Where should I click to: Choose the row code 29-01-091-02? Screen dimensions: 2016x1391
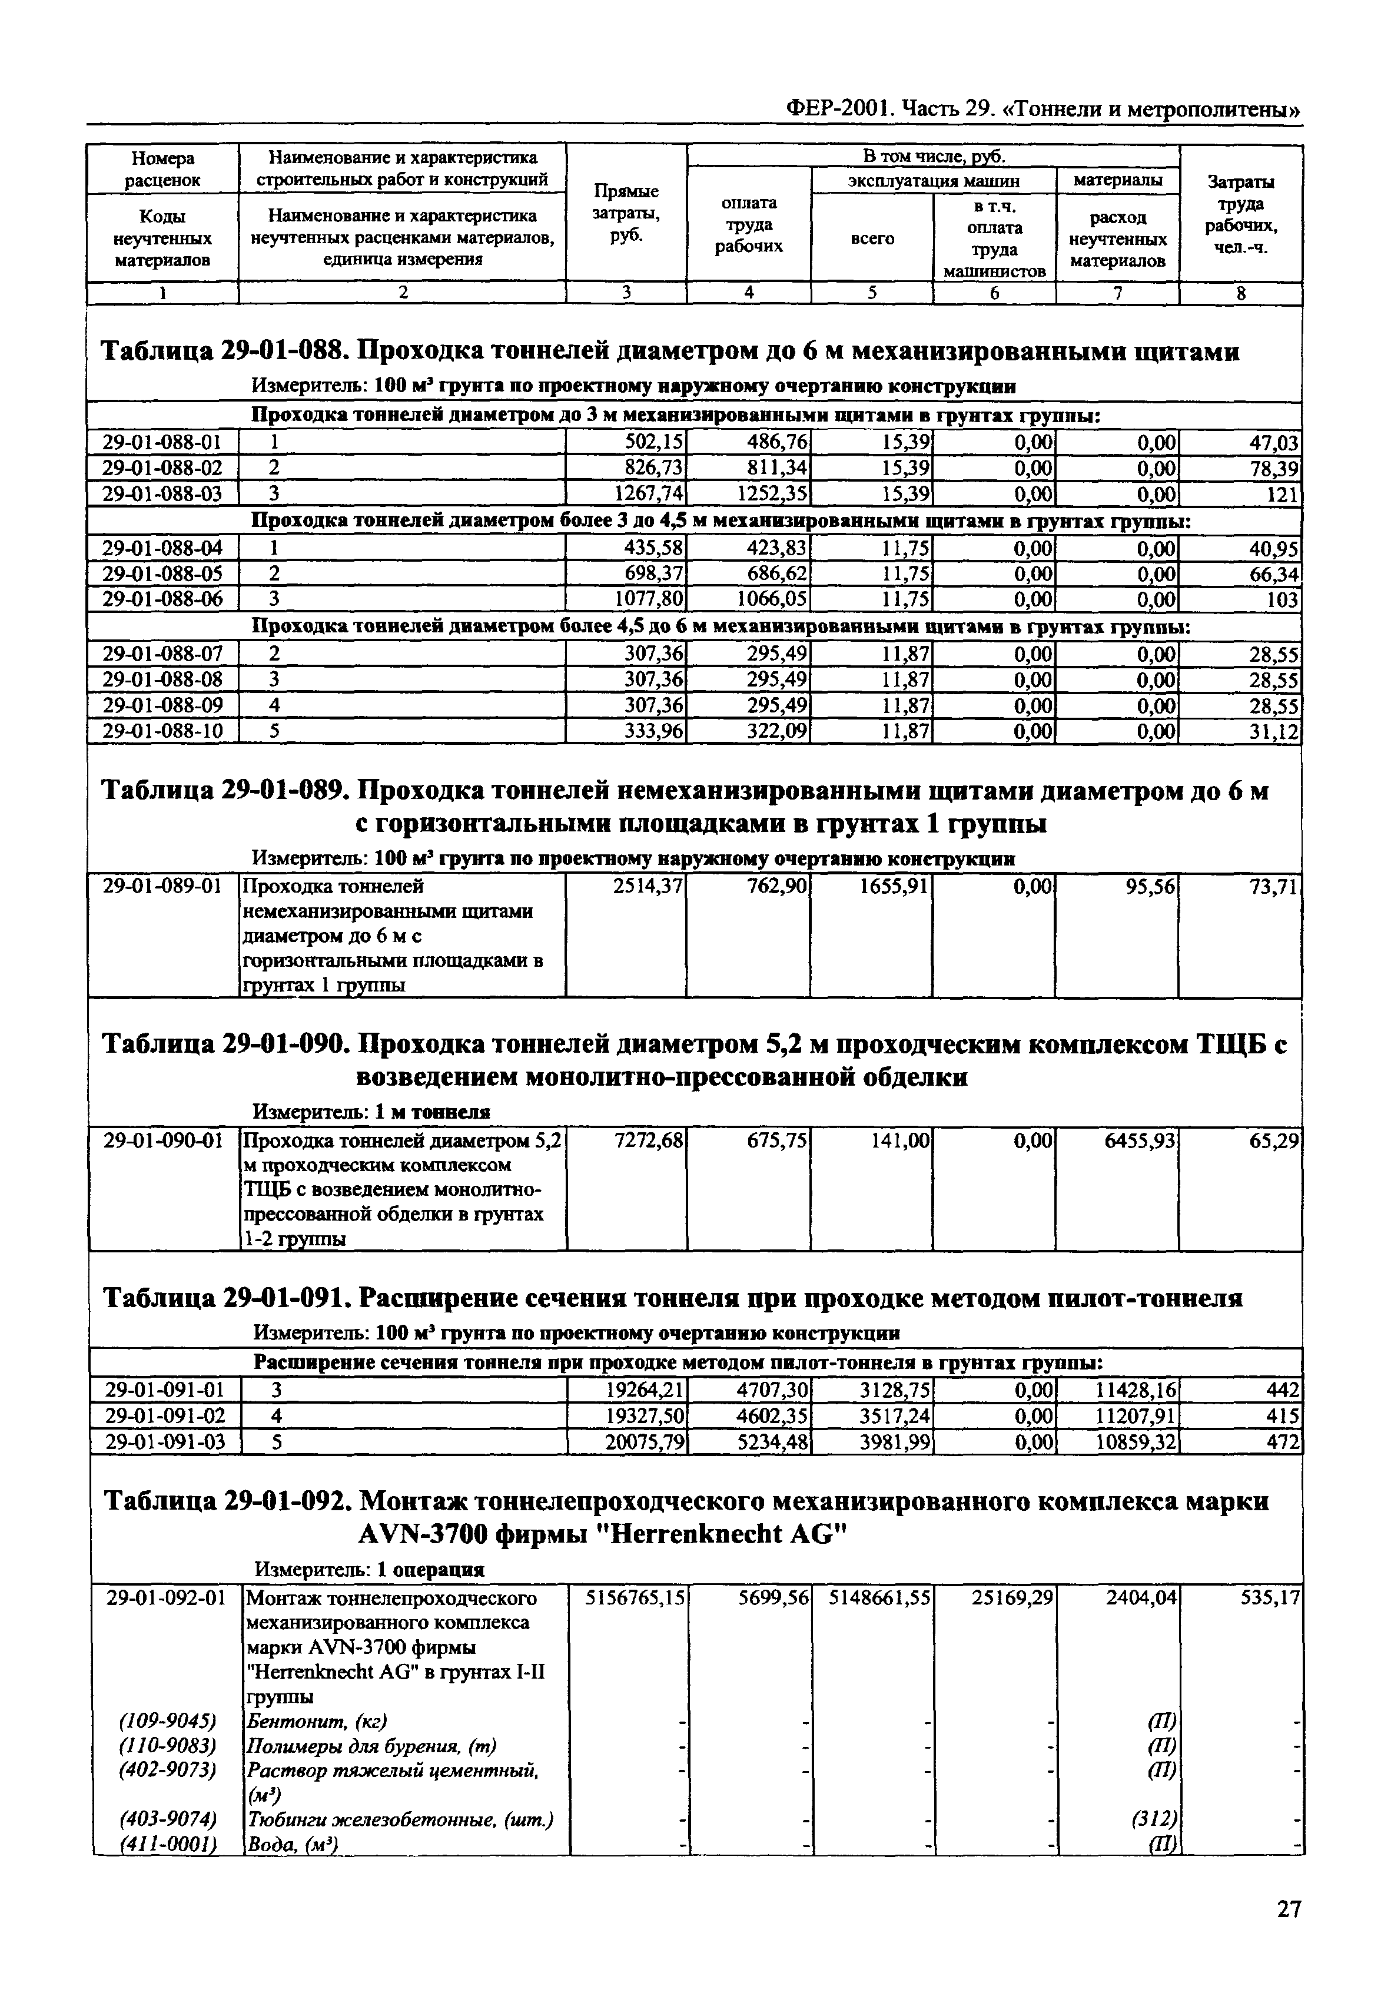pos(165,1417)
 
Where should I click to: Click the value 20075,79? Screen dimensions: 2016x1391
pos(646,1443)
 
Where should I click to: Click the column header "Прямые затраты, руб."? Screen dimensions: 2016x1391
pos(626,214)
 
